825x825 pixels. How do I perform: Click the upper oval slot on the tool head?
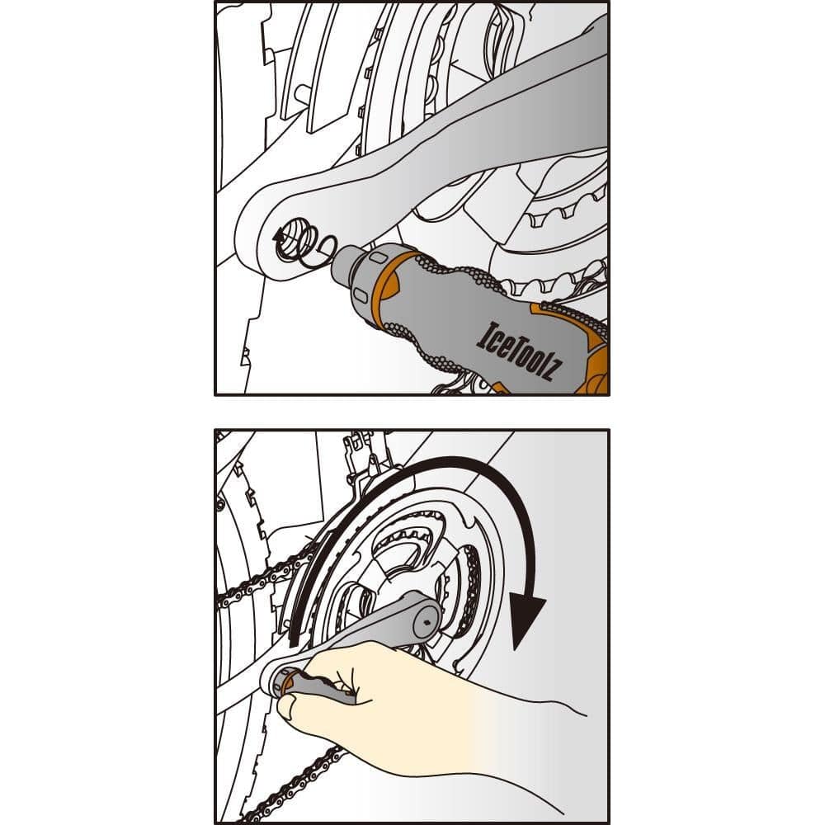pos(377,257)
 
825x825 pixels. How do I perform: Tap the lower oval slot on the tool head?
pos(360,293)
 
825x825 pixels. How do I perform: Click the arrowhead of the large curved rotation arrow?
pos(528,622)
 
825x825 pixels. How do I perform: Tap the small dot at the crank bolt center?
pos(427,623)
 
